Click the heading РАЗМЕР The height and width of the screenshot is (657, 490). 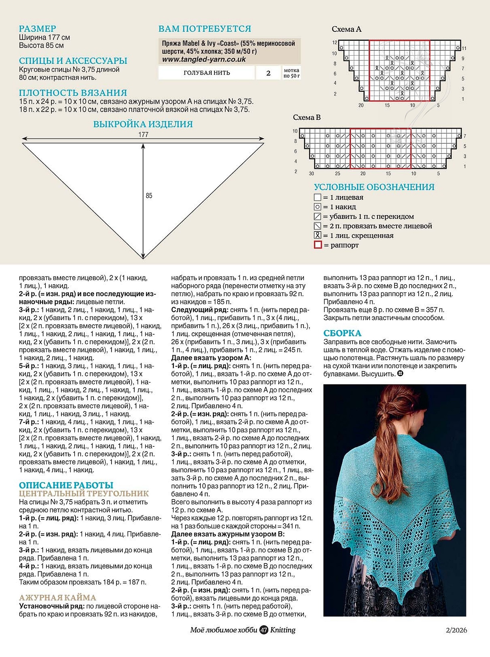(x=37, y=29)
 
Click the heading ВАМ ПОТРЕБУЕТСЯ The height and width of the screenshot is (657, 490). (x=204, y=29)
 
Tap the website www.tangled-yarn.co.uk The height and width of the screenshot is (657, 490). (x=204, y=59)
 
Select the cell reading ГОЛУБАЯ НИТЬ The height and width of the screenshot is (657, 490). (x=206, y=73)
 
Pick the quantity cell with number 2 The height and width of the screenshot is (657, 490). (x=268, y=73)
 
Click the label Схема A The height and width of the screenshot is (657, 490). (x=346, y=29)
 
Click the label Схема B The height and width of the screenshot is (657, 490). (x=307, y=117)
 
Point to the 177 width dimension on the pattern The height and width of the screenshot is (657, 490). (x=143, y=135)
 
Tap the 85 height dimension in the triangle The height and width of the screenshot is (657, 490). (x=149, y=196)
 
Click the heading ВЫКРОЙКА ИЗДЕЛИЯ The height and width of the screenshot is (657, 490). (x=143, y=124)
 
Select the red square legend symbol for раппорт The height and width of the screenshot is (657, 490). (x=317, y=245)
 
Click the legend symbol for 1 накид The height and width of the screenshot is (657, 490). (x=317, y=207)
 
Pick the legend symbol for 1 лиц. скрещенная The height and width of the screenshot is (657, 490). (x=317, y=235)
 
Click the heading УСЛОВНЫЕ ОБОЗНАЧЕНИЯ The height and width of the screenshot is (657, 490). (x=374, y=187)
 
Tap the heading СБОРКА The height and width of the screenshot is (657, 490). (x=342, y=333)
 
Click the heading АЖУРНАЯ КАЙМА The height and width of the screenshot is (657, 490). (x=57, y=597)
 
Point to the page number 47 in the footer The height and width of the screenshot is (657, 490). (x=264, y=630)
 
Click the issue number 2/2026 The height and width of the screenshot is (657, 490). (x=456, y=630)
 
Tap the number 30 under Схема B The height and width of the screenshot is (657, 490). (x=311, y=173)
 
